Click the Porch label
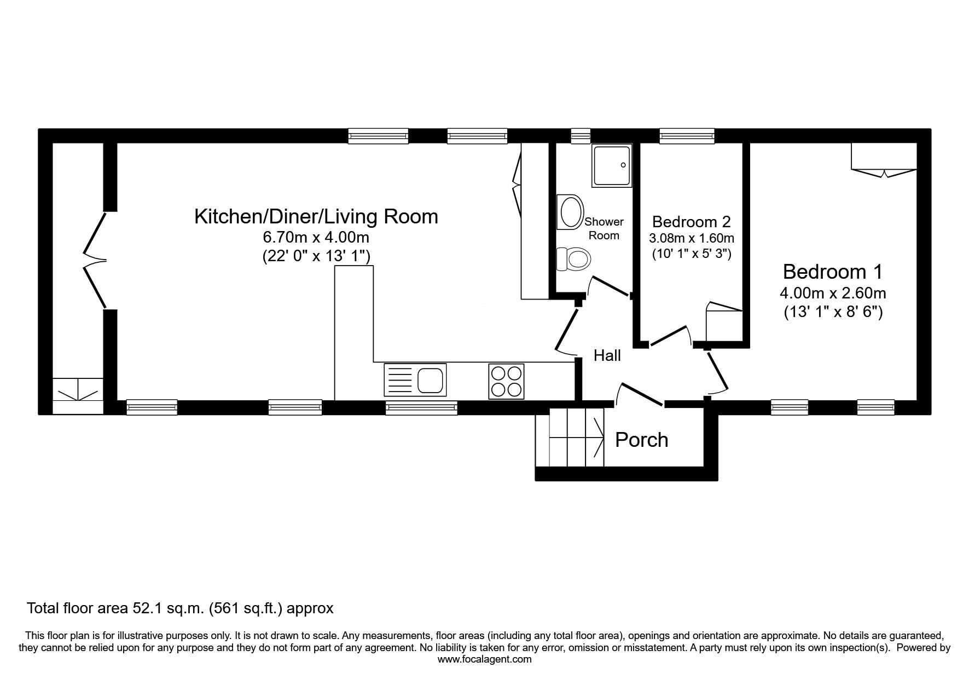tap(641, 440)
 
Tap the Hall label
tap(607, 356)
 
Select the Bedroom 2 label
tap(692, 222)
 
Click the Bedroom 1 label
tap(832, 272)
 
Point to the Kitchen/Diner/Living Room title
tap(316, 216)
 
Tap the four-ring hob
tap(506, 381)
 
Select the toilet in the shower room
tap(573, 258)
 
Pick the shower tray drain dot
tap(623, 165)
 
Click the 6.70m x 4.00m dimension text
tap(316, 238)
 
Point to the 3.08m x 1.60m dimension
tap(692, 238)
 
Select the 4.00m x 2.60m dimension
tap(833, 293)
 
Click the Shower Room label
tap(604, 228)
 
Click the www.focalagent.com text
tap(484, 659)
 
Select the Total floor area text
tap(180, 608)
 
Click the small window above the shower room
tap(581, 136)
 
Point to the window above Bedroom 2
tap(687, 136)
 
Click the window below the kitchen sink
tap(421, 407)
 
